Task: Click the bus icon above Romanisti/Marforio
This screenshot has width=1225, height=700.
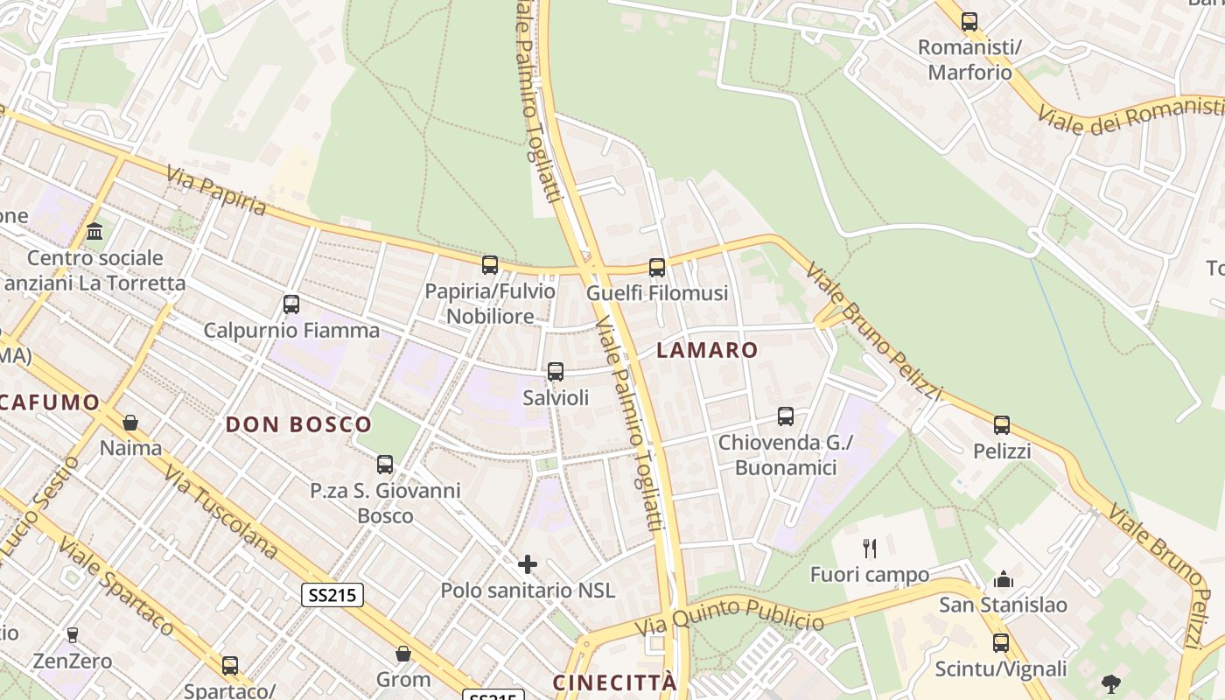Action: [x=969, y=22]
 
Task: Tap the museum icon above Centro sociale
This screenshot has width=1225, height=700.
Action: [x=94, y=232]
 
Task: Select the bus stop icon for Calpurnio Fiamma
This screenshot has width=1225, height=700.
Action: [x=291, y=304]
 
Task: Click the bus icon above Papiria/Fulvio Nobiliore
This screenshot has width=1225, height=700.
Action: [x=490, y=264]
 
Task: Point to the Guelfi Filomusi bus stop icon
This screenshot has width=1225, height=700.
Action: [x=657, y=268]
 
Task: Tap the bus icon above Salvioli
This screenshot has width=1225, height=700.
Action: [x=556, y=372]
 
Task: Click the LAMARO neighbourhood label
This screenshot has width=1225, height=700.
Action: [x=707, y=350]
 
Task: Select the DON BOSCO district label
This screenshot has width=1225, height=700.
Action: [x=298, y=425]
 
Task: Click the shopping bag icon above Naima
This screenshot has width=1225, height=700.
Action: [x=130, y=423]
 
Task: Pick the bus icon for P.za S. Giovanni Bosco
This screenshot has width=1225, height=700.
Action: [x=385, y=465]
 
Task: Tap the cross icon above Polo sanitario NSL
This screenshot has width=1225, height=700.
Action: [x=528, y=564]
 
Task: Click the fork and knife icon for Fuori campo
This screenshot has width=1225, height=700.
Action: [x=869, y=549]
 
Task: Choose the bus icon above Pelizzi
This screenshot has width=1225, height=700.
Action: [x=1002, y=425]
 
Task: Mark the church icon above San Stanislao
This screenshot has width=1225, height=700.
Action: [x=1003, y=579]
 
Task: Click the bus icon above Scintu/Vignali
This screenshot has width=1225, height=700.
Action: [x=1001, y=643]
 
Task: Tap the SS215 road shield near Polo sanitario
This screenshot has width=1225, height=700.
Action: [x=332, y=596]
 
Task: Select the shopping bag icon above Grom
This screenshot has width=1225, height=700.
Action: [x=403, y=654]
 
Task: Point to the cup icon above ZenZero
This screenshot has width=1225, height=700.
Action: [x=73, y=634]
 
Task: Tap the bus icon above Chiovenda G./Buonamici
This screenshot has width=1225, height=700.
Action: [x=786, y=416]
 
